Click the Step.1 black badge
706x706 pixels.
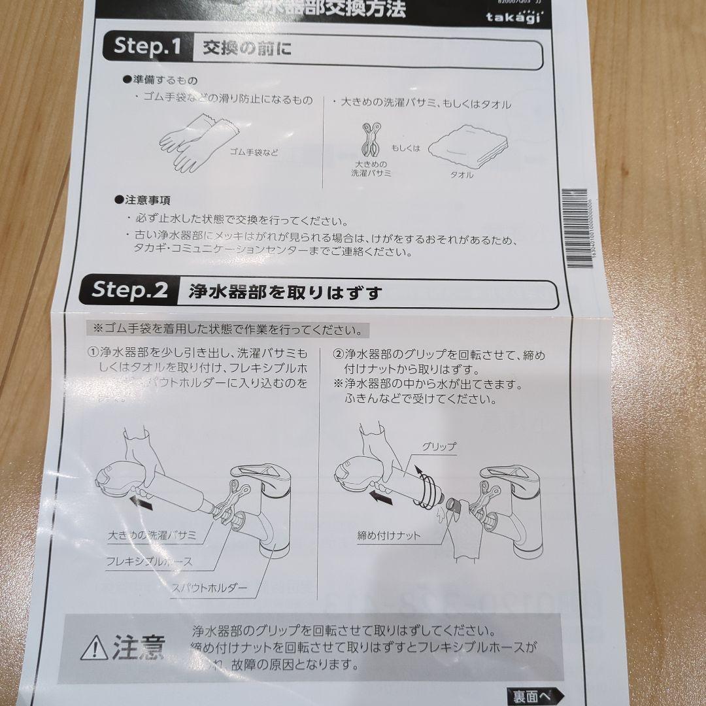(147, 47)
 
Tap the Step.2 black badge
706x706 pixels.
(130, 290)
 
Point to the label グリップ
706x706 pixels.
(439, 447)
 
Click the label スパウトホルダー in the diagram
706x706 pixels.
(209, 588)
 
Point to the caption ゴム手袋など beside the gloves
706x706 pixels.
(254, 152)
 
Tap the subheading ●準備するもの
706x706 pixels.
(156, 79)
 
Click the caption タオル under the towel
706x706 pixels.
(462, 175)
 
